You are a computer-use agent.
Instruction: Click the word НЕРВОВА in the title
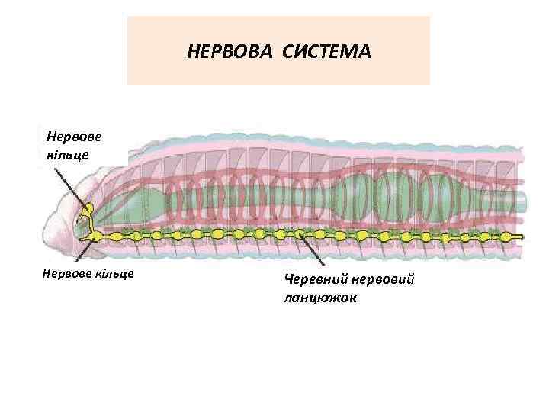point(230,53)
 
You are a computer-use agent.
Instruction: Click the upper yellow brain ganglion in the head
point(89,208)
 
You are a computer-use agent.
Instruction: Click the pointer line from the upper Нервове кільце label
point(72,183)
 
